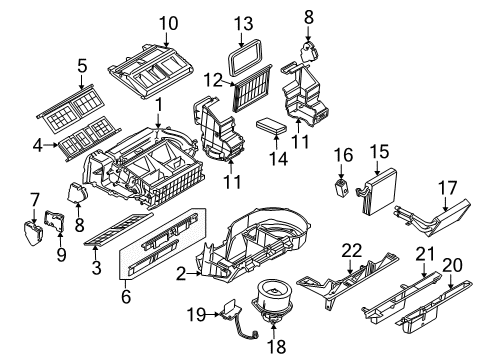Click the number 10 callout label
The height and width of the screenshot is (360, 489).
pyautogui.click(x=167, y=22)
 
